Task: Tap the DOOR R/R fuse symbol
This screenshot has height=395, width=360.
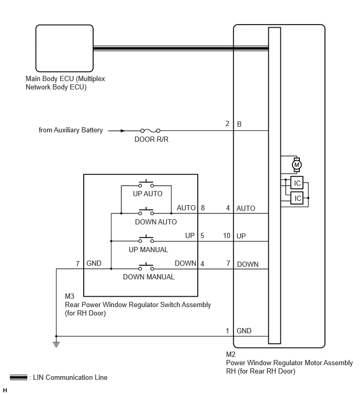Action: [150, 130]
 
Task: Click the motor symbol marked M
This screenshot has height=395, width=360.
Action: [297, 165]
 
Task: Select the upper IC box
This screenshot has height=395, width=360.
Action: [297, 183]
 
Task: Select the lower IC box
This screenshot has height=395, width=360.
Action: [297, 198]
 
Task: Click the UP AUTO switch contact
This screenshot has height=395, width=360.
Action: [146, 184]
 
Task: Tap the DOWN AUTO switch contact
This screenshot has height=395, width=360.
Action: [146, 211]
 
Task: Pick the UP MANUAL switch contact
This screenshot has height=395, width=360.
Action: [146, 239]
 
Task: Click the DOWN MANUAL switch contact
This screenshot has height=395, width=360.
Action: [146, 267]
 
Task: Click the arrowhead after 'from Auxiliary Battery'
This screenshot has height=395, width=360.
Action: [122, 130]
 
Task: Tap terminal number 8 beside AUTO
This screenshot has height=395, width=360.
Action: [203, 208]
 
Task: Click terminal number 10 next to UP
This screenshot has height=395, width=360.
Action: [227, 235]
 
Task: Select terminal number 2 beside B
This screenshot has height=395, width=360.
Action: [227, 123]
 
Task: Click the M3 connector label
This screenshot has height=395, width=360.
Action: [70, 296]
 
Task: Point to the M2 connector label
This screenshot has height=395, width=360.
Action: [231, 354]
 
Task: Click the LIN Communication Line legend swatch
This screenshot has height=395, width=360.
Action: [18, 377]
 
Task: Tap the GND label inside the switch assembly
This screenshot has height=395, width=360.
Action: [94, 263]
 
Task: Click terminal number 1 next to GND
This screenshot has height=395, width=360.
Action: [227, 331]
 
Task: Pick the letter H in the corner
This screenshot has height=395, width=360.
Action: [5, 390]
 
